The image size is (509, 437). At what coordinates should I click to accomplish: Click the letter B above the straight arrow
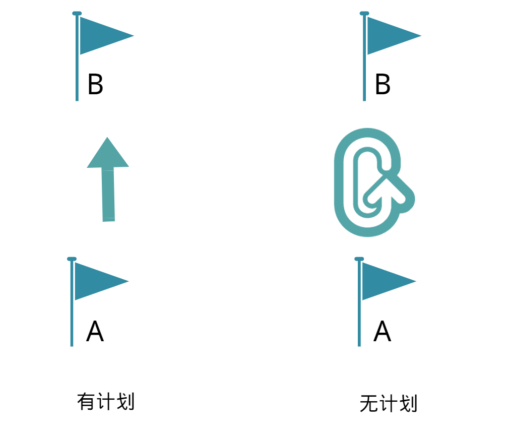click(95, 84)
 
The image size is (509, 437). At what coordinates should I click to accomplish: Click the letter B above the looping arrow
click(383, 84)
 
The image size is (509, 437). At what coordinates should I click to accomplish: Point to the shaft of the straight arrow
click(108, 195)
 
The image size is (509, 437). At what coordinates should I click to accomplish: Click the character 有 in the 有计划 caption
click(86, 402)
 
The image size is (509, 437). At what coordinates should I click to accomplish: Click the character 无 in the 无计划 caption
click(369, 404)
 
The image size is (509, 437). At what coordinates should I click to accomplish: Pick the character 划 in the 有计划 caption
click(125, 402)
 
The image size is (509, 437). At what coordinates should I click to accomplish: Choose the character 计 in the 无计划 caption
click(389, 404)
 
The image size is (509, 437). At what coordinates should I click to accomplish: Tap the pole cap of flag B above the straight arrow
click(77, 13)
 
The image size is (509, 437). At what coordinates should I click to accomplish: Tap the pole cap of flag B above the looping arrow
click(364, 13)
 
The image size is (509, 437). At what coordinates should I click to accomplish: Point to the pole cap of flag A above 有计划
click(72, 259)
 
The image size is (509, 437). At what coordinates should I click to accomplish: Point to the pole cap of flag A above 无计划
click(359, 259)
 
